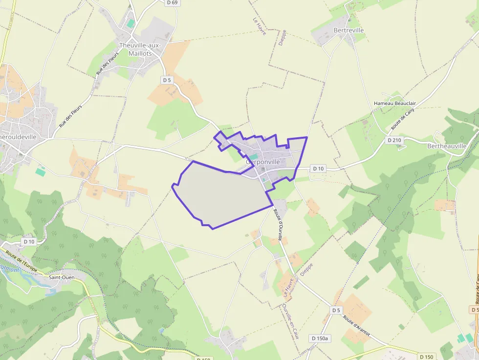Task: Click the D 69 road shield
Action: pos(172,2)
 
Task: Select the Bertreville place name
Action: pos(348,30)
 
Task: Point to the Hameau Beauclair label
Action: pos(394,104)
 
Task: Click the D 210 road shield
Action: pos(394,140)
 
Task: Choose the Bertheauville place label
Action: pos(447,146)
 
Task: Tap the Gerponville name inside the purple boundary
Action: pos(263,162)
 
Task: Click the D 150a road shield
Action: pos(321,338)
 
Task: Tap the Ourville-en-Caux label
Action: pos(290,321)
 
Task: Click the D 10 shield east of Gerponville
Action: pos(318,169)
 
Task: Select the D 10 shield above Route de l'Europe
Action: pos(29,241)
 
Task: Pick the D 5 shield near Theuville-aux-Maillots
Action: pos(167,80)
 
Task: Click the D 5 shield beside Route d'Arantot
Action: pos(336,310)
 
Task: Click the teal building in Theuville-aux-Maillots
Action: pos(131,23)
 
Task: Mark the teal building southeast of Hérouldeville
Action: pos(41,171)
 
